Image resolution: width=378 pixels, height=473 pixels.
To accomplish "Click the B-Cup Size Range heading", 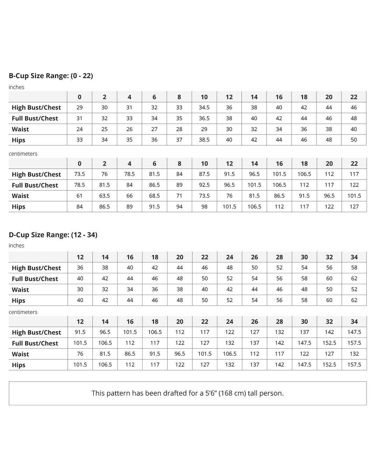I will (x=51, y=76).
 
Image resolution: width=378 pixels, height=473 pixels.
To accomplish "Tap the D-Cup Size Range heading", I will (x=53, y=235).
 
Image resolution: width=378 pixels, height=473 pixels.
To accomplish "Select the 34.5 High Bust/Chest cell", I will (x=204, y=108).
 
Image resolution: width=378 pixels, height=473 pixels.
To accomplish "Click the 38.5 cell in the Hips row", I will (x=204, y=140).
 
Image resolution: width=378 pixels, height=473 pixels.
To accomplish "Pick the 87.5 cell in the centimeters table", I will (x=204, y=174).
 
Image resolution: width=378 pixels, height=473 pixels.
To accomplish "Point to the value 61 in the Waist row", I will (x=79, y=196).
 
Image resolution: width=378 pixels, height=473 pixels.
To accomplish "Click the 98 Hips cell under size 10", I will (x=204, y=207).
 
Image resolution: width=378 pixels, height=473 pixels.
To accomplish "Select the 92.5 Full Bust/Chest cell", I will (x=204, y=185).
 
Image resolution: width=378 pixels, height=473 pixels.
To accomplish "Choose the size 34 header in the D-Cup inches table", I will (x=354, y=257).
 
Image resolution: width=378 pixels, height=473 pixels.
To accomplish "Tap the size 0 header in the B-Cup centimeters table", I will (x=79, y=164).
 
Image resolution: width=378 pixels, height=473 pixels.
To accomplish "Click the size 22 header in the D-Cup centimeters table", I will (x=205, y=322).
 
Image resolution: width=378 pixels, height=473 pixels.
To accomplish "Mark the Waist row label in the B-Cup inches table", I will (x=20, y=129).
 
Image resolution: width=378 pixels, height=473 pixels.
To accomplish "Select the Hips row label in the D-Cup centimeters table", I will (x=19, y=365).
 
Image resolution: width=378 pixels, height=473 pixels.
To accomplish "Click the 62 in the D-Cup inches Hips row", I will (x=354, y=300).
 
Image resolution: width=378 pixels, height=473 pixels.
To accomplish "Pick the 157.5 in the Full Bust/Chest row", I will (x=354, y=343).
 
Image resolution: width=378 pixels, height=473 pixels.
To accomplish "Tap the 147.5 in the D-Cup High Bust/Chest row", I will (x=354, y=332).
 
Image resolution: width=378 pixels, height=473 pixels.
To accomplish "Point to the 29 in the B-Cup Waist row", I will (x=204, y=129).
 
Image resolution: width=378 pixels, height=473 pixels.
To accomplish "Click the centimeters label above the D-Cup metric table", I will (x=23, y=312).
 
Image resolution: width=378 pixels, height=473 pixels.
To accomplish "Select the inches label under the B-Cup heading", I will (x=16, y=87).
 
